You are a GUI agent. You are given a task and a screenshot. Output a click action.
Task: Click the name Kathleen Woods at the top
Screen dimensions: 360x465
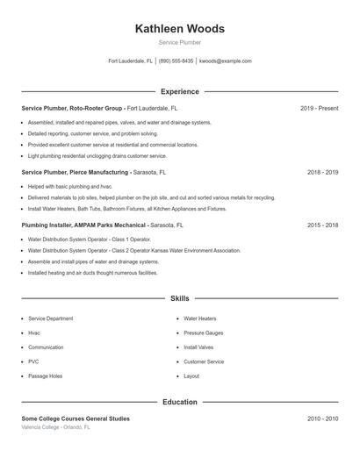(x=179, y=29)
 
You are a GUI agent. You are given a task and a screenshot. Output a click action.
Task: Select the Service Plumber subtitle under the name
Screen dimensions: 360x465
(x=179, y=43)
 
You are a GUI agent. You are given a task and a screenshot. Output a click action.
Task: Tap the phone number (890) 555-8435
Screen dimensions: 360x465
(x=176, y=61)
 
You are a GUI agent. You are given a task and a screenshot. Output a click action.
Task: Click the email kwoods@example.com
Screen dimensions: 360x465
(x=226, y=61)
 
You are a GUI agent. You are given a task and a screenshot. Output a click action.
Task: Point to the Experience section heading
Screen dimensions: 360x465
(x=179, y=91)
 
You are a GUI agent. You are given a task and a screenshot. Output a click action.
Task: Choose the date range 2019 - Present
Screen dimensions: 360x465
(x=319, y=108)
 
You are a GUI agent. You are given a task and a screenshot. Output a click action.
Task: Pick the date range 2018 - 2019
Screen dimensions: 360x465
(x=322, y=172)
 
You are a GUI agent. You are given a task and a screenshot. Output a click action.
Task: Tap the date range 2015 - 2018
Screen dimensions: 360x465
(x=322, y=225)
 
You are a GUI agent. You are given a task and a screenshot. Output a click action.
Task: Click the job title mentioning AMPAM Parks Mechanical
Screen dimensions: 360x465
(x=84, y=225)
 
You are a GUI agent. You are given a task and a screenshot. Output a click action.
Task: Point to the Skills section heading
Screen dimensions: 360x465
(x=179, y=298)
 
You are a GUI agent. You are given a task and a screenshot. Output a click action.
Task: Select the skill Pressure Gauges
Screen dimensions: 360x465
(x=203, y=333)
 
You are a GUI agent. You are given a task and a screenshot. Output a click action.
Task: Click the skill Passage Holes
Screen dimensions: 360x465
(x=45, y=376)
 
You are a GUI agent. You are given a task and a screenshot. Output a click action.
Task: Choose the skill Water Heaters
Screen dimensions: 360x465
(x=200, y=318)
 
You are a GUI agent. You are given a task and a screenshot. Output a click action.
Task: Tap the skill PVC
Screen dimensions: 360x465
(x=33, y=361)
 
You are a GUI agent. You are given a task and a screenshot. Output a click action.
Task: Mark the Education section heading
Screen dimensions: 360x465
(x=179, y=402)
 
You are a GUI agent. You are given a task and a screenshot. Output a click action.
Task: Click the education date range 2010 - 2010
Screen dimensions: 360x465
(x=322, y=418)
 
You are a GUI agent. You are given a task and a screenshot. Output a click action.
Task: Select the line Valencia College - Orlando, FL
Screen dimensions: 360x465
(x=55, y=427)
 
